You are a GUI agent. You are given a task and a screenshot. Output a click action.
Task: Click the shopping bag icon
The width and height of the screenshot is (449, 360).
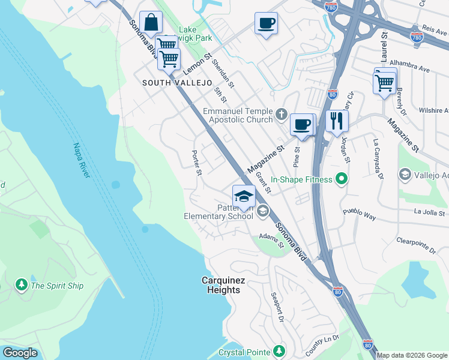[151, 23]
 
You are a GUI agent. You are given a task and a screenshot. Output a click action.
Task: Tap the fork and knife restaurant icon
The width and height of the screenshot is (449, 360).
[337, 121]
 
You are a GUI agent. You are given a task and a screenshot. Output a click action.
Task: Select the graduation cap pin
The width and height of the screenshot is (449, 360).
[244, 196]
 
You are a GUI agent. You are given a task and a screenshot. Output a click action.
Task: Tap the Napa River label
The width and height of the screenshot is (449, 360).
[80, 160]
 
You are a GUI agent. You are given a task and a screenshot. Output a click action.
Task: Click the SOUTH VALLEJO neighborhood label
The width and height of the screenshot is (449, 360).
[169, 82]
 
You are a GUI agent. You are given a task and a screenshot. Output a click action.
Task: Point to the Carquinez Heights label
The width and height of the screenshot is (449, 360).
[221, 285]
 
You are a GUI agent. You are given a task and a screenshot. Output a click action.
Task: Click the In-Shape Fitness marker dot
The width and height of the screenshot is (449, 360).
[342, 179]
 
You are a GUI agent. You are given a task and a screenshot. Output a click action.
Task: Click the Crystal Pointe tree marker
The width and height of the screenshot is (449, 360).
[279, 351]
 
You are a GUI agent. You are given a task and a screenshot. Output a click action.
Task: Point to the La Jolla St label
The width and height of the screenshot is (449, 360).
[429, 212]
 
